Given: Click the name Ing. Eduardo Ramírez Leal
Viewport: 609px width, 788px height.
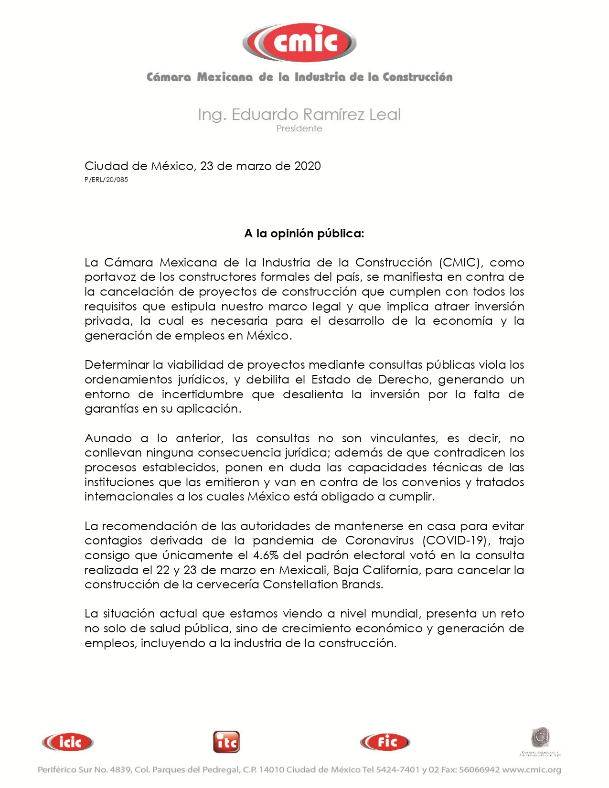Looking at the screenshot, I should (x=299, y=115).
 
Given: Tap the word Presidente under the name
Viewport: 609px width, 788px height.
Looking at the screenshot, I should (x=299, y=128).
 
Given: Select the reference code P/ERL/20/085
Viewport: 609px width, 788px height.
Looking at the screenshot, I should (x=106, y=180).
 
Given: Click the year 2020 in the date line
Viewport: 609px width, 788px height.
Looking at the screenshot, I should (x=307, y=166).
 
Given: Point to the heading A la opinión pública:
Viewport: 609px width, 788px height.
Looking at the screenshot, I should (x=304, y=234).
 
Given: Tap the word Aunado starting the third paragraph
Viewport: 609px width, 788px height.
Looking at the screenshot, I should (x=108, y=438).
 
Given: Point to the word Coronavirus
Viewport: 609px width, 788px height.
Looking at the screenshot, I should (x=380, y=541).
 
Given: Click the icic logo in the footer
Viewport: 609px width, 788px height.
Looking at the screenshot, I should (x=68, y=742).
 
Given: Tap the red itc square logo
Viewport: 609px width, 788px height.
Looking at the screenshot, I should (x=226, y=742).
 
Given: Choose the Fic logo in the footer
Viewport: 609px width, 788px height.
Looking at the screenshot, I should (x=385, y=742).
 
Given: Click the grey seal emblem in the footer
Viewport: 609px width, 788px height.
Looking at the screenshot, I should (x=541, y=738).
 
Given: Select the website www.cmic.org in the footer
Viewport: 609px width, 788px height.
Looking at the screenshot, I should (x=532, y=770).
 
